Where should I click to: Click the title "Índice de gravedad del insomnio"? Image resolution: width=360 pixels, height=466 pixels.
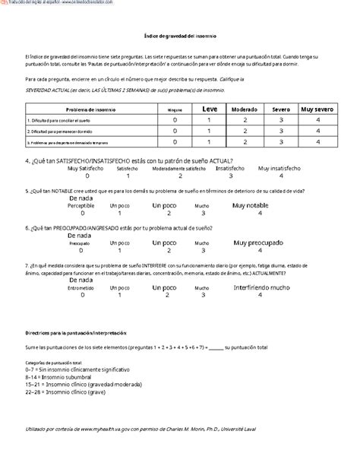(x=180, y=36)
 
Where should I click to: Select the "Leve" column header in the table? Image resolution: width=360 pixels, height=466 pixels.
(x=210, y=108)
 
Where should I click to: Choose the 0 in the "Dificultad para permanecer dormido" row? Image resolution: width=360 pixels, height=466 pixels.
(x=175, y=131)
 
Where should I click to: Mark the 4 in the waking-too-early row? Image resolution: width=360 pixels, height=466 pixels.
(x=316, y=141)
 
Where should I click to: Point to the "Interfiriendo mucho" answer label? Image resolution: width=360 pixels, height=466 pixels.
(x=261, y=289)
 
